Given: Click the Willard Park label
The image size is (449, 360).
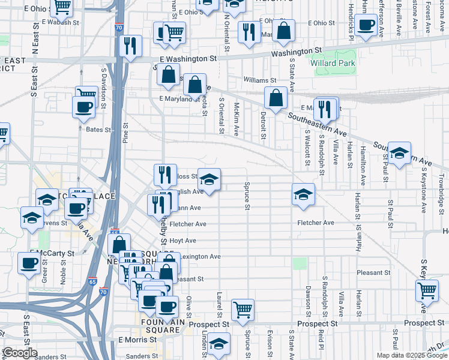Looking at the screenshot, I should (x=333, y=63).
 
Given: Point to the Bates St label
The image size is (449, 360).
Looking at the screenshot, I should (x=98, y=129).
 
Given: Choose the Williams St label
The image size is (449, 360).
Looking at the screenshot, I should (x=259, y=80).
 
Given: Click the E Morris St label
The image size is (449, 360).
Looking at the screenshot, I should (x=137, y=339).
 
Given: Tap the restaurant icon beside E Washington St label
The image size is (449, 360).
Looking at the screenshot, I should (x=130, y=46).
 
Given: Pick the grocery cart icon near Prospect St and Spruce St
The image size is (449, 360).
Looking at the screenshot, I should (x=243, y=310).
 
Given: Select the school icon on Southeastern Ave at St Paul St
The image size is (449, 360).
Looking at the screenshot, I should (x=399, y=152).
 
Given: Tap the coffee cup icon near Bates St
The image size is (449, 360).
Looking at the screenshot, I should (x=83, y=107).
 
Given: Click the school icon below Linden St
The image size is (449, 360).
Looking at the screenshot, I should (x=219, y=344).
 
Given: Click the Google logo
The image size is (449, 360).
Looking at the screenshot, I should (x=20, y=353).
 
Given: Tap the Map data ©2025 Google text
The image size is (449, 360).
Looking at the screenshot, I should (x=412, y=355).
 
